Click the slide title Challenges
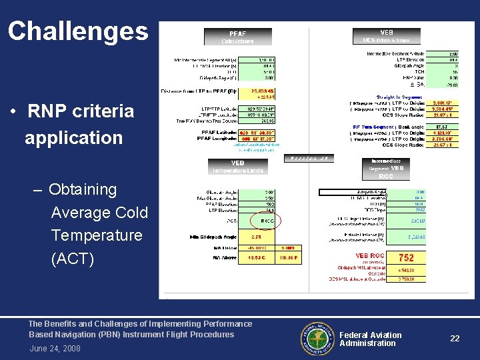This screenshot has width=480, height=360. [x=78, y=31]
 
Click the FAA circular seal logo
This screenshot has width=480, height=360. [x=317, y=338]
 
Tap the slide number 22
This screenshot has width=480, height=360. [x=455, y=339]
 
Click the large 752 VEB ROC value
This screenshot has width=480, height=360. [x=406, y=257]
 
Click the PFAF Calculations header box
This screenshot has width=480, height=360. [x=237, y=37]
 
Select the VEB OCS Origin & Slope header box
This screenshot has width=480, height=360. [x=387, y=35]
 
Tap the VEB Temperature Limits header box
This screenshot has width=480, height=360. [x=237, y=167]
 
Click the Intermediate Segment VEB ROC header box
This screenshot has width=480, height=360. [x=386, y=168]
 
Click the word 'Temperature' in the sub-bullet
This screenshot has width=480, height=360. [x=97, y=235]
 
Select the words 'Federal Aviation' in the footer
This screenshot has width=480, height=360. [x=371, y=335]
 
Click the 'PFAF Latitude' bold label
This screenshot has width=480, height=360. [x=211, y=133]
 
